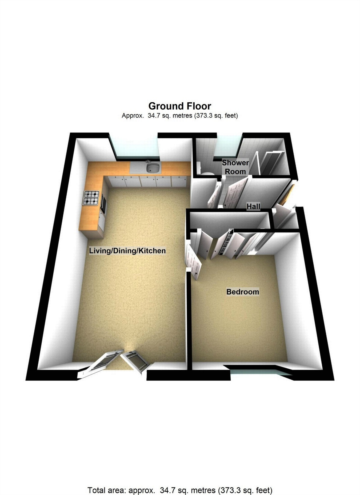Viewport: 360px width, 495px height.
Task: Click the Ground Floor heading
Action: coord(180,106)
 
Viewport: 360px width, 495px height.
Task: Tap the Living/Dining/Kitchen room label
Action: coord(127,251)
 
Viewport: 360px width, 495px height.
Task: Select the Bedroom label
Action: coord(242,292)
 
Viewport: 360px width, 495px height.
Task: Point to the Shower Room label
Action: coord(235,167)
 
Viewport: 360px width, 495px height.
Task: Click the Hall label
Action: coord(253,206)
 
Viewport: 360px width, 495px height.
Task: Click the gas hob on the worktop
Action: coord(91,198)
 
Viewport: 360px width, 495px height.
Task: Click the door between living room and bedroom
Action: coord(194,263)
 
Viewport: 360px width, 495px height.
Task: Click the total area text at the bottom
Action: coord(180,490)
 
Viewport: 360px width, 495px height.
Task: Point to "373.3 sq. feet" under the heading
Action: coord(216,115)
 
